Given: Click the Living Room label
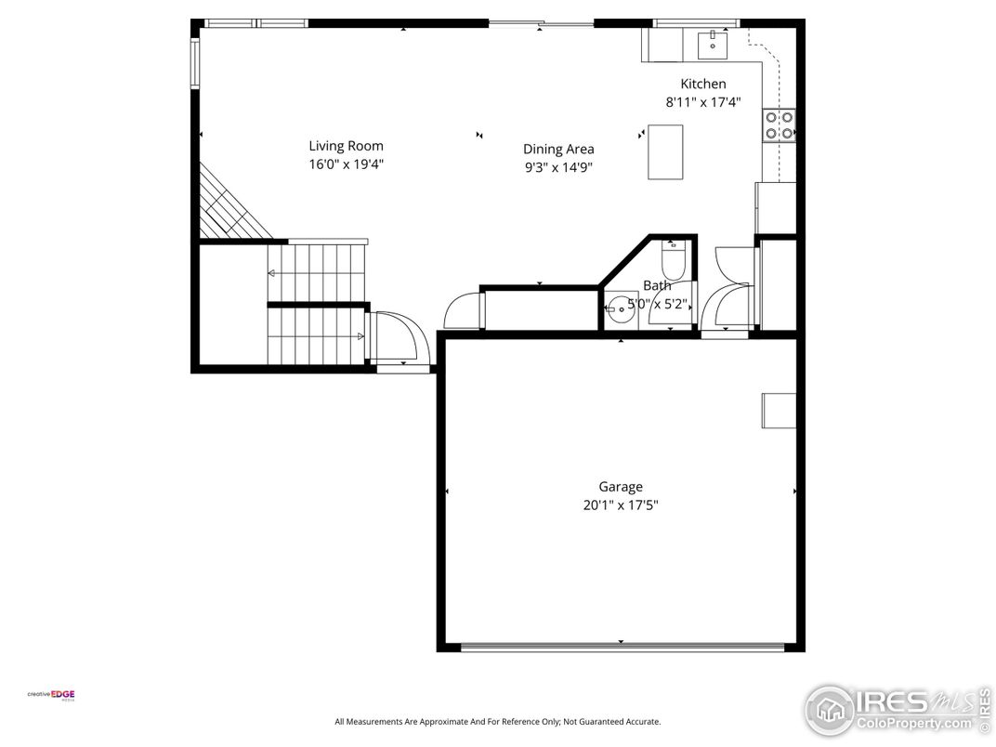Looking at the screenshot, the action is coord(347,146).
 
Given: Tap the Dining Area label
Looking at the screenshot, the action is coord(558,150).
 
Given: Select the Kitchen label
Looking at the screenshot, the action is coord(703,84).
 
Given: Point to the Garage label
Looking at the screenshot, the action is coord(621,487).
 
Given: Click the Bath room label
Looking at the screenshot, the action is coord(657,286).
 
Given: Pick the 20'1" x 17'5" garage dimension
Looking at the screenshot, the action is coord(621,505).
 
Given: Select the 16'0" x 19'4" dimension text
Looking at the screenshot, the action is coord(347,164).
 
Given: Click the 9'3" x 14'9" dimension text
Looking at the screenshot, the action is coord(558,167).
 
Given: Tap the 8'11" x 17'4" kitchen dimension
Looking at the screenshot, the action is coord(703,102).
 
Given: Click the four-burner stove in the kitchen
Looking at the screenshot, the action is coord(780,125).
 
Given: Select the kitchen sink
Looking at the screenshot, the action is coord(713,45).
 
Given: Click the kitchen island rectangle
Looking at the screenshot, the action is coord(665,152).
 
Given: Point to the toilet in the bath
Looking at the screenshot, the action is coord(674,260).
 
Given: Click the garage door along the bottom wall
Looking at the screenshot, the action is coord(622,648).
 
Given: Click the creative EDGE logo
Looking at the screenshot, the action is coord(51,695).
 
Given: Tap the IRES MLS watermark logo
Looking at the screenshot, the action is coord(898,710).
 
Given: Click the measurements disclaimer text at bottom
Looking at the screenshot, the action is coord(498,722).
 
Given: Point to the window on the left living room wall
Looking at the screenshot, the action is coord(196,63).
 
